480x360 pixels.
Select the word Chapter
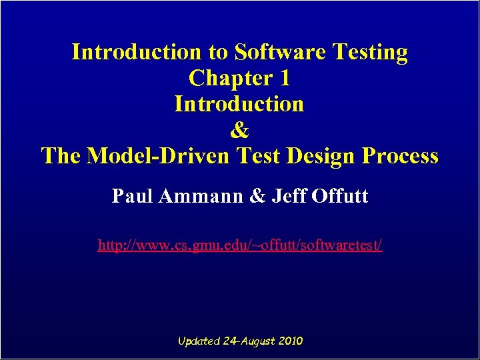click(x=229, y=78)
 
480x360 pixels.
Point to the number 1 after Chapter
click(x=285, y=78)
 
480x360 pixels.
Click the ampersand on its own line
click(x=239, y=130)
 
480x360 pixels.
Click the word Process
click(x=400, y=156)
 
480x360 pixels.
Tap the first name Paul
click(x=129, y=197)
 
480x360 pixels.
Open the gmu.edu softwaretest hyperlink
click(x=240, y=245)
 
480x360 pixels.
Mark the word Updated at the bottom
click(x=199, y=341)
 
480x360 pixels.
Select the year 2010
click(x=290, y=341)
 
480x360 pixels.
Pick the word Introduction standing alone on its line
click(x=239, y=104)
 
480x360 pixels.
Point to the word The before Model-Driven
click(x=62, y=156)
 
